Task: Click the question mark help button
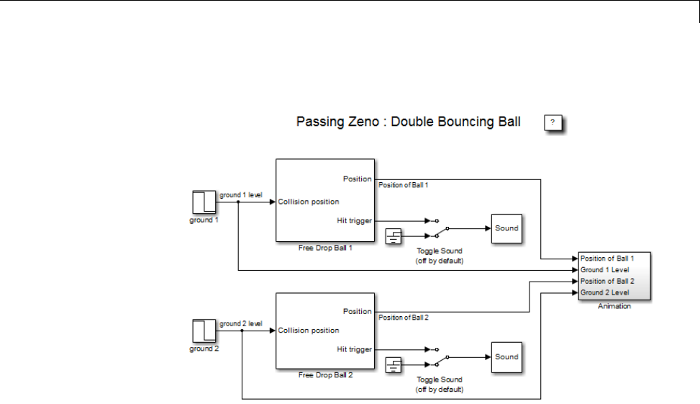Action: pos(553,122)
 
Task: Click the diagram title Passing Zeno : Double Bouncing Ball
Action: pos(408,122)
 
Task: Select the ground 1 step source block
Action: pos(204,202)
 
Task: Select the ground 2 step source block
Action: pos(204,331)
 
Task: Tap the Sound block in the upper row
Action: pos(506,228)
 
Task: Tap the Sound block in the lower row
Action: pos(506,357)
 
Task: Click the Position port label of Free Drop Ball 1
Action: pos(357,179)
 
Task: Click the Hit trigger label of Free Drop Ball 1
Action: pos(354,220)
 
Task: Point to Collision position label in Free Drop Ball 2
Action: pos(309,331)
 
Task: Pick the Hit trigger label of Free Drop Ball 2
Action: pos(354,349)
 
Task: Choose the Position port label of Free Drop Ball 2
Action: pos(357,312)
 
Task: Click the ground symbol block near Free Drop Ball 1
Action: pos(394,236)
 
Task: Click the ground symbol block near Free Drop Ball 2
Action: pos(394,365)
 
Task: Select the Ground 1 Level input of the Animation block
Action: pos(605,269)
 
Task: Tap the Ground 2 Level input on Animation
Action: pos(605,292)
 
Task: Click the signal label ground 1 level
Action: pos(241,195)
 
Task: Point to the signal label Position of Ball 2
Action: pos(403,318)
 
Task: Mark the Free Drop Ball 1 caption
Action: pos(325,247)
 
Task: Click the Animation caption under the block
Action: pos(614,306)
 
